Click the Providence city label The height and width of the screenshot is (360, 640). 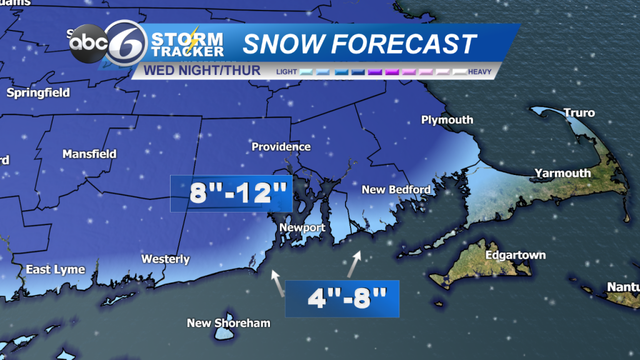(x=281, y=147)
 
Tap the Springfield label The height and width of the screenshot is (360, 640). (x=38, y=93)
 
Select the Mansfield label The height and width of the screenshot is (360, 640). (x=89, y=153)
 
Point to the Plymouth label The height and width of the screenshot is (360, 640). (x=447, y=119)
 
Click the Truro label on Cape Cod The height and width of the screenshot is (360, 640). (x=579, y=113)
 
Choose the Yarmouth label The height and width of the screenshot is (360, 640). (x=562, y=173)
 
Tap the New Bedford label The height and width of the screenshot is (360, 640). (x=396, y=189)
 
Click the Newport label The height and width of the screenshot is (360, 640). (x=302, y=227)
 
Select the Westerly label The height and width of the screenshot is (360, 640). (x=165, y=259)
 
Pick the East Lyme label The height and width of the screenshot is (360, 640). (x=55, y=269)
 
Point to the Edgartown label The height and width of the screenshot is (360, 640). (x=515, y=255)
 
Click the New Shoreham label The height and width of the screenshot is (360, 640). (x=229, y=323)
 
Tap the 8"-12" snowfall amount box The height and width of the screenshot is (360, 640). (x=232, y=194)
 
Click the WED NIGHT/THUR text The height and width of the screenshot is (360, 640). (x=202, y=70)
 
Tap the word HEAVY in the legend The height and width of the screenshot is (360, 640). (x=479, y=72)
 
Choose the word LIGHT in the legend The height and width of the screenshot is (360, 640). (x=287, y=72)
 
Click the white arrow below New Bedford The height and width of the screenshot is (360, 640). (x=354, y=263)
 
